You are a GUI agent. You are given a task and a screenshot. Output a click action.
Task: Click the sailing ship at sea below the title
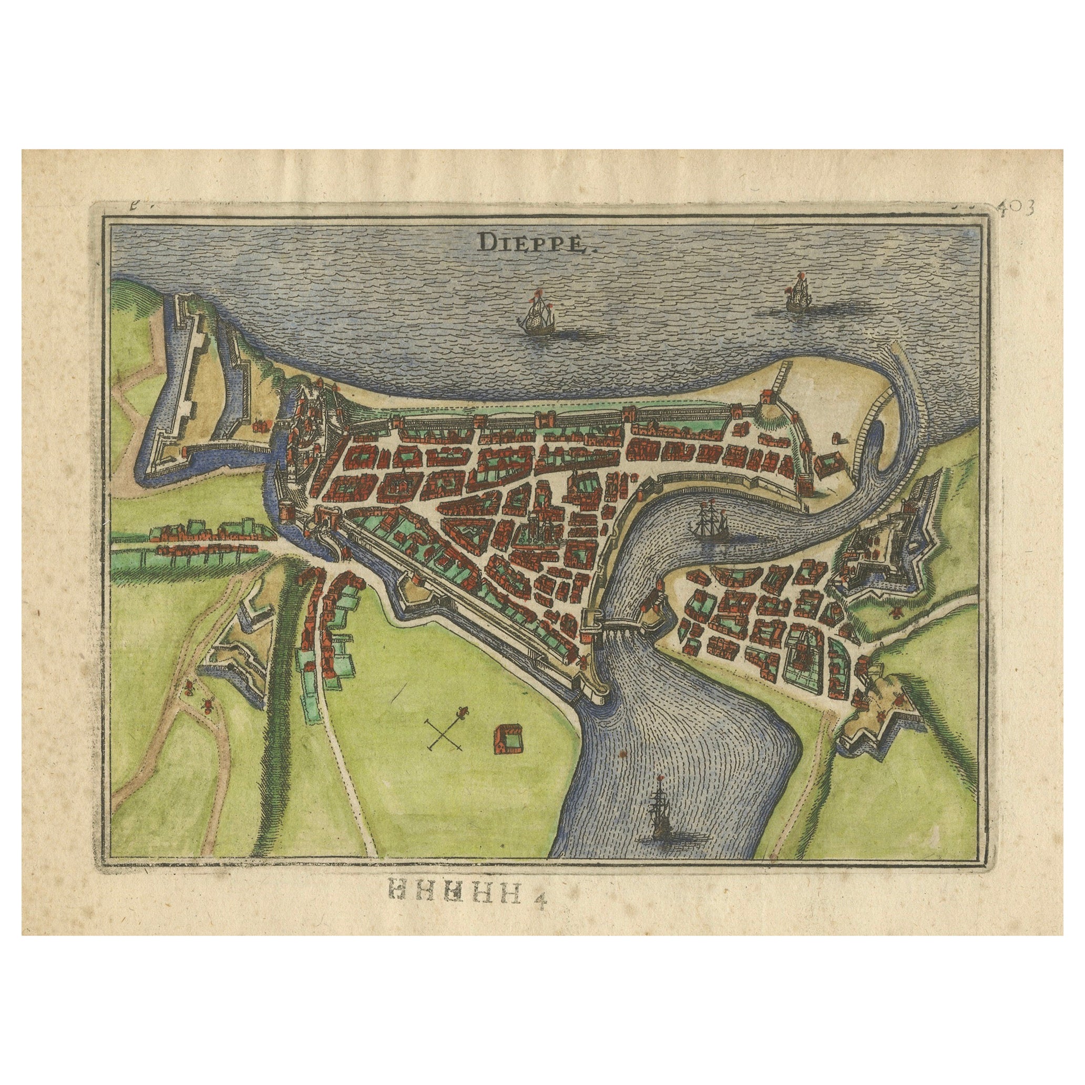click(537, 317)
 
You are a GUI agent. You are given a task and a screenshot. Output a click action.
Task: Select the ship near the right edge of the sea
click(797, 293)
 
